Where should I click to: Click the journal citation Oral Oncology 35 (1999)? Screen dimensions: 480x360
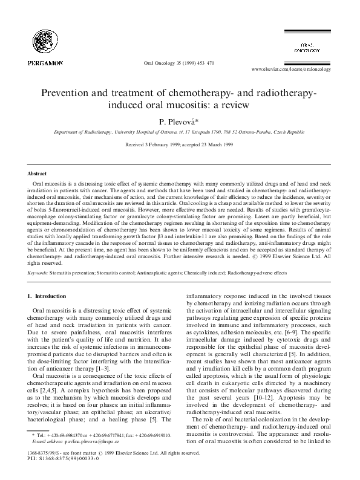coord(176,63)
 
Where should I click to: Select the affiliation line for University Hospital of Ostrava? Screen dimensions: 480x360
coord(180,131)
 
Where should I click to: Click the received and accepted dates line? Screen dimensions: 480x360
coord(180,145)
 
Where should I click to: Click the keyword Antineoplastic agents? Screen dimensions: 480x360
coord(168,273)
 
